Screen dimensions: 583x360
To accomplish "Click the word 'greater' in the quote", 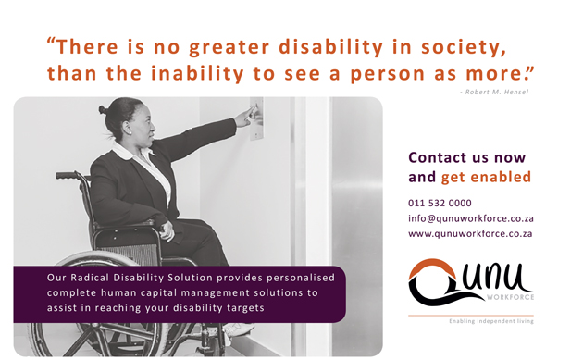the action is click(x=229, y=47).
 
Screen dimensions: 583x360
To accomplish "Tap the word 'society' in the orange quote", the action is click(x=462, y=47).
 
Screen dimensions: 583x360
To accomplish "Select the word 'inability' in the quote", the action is click(x=197, y=73).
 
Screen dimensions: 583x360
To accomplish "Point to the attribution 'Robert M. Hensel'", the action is click(x=496, y=92).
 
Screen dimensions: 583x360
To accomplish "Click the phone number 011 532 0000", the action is click(x=440, y=203).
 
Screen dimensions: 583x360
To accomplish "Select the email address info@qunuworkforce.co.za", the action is click(x=471, y=218).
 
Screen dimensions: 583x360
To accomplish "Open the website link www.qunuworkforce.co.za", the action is click(x=470, y=233).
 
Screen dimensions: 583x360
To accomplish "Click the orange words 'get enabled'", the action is click(x=486, y=178).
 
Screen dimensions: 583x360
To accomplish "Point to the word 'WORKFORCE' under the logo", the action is click(x=510, y=297).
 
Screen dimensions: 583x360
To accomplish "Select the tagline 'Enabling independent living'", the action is click(x=491, y=321).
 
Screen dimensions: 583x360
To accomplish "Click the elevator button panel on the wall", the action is click(x=256, y=118).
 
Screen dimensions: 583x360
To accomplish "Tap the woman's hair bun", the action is click(x=103, y=109).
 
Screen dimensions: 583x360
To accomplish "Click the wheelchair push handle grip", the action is click(x=67, y=175).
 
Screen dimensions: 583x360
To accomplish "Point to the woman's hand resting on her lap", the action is click(x=166, y=230).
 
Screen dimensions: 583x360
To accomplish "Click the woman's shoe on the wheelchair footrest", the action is click(x=238, y=329).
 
